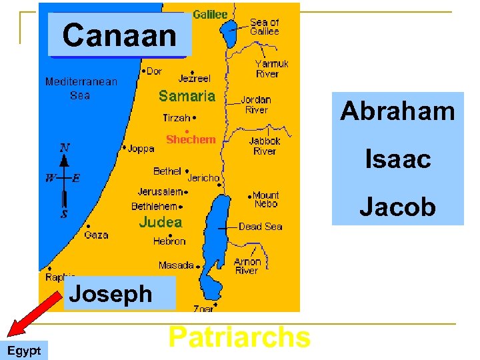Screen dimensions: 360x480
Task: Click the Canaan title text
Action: tap(119, 35)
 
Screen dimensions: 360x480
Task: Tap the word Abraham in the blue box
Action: tap(397, 111)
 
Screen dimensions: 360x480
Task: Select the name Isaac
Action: tap(397, 159)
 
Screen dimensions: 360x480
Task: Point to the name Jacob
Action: tap(397, 207)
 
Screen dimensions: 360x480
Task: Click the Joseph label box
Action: tap(111, 293)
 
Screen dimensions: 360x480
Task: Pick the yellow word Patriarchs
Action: tap(239, 337)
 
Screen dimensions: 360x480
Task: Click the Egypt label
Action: tap(24, 351)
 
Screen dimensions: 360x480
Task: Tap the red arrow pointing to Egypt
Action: tap(33, 313)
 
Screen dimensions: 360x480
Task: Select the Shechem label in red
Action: tap(191, 139)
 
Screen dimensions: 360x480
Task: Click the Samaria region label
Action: tap(187, 96)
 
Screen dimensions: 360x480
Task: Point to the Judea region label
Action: tap(160, 221)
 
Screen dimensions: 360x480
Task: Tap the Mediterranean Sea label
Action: tap(81, 88)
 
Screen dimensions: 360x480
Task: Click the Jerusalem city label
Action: tap(160, 191)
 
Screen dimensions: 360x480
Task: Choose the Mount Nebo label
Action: tap(266, 199)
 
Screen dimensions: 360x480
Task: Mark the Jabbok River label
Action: tap(264, 146)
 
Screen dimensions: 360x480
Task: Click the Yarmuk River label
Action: tap(271, 69)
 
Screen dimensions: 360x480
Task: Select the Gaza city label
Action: tap(96, 235)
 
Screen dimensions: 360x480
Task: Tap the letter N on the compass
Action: tap(65, 147)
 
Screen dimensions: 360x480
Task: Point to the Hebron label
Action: tap(169, 241)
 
